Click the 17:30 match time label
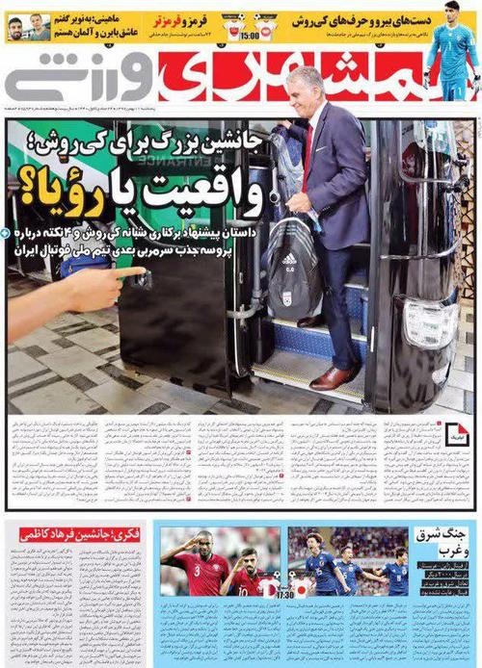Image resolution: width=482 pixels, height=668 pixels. tap(284, 596)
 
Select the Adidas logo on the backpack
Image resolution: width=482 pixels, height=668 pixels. tap(289, 259)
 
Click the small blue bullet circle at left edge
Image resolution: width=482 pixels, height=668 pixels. tap(6, 233)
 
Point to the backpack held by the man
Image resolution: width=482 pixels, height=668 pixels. tap(292, 265)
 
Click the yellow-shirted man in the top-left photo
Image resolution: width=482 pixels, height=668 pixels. tap(17, 29)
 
